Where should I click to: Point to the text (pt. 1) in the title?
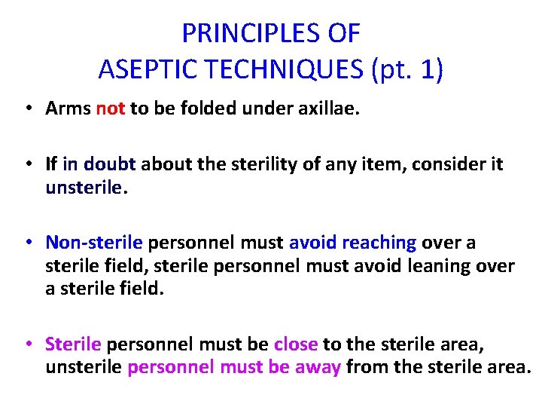[406, 69]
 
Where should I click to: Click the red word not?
[111, 109]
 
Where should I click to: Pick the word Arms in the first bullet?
[69, 109]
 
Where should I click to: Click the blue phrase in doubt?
[100, 164]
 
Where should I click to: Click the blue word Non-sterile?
[94, 243]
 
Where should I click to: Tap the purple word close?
[297, 344]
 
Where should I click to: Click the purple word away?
[319, 368]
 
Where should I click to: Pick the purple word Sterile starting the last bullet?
[73, 344]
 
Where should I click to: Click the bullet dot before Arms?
[27, 109]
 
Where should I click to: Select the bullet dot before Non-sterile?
[27, 243]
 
